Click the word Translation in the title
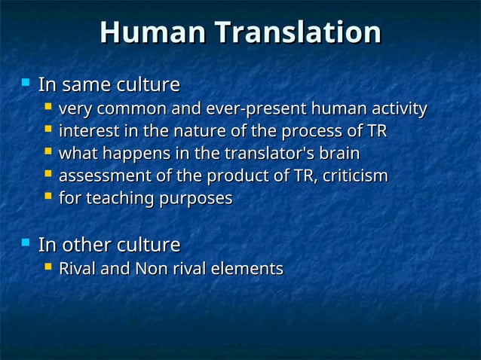pyautogui.click(x=297, y=33)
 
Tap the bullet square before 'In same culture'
pyautogui.click(x=26, y=81)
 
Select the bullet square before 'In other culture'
pyautogui.click(x=26, y=243)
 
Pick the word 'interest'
pyautogui.click(x=86, y=132)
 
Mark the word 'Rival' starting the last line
pyautogui.click(x=77, y=268)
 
